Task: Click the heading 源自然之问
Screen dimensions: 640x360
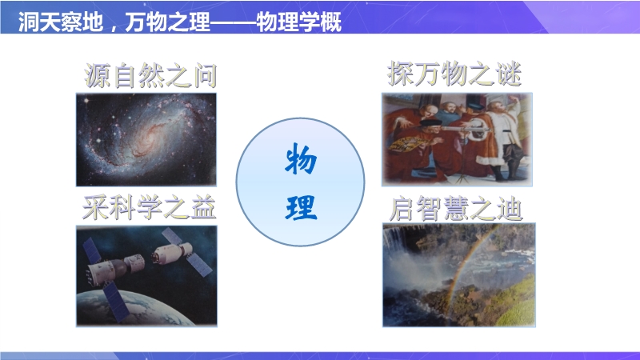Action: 150,76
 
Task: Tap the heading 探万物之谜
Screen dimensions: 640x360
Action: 454,74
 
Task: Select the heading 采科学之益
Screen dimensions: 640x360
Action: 150,207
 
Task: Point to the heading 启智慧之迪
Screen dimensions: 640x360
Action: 456,209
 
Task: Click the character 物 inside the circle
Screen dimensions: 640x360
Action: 301,159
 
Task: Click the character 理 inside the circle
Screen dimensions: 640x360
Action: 302,207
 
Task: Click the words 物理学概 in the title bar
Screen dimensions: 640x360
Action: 298,22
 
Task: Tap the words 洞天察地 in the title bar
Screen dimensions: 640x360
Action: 61,22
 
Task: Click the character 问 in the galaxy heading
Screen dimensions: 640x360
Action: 205,76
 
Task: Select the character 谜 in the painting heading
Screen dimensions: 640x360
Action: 510,74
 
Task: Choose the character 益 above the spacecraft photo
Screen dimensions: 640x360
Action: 203,207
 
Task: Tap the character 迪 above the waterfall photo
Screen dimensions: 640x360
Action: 510,209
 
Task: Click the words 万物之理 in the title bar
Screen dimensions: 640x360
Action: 167,22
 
